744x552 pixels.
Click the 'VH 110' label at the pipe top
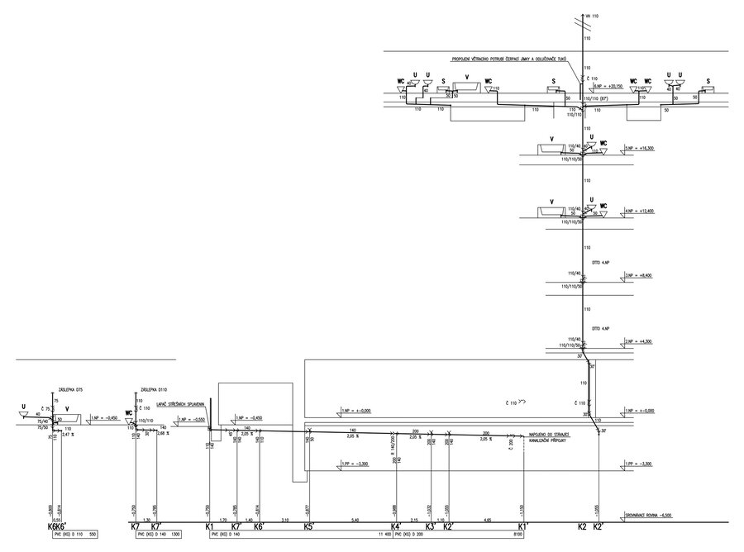[590, 17]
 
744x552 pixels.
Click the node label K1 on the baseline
[209, 526]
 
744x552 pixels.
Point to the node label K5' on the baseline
[308, 526]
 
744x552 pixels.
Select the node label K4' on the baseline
[396, 526]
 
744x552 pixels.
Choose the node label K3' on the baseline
[431, 526]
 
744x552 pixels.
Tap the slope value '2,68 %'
[163, 434]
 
